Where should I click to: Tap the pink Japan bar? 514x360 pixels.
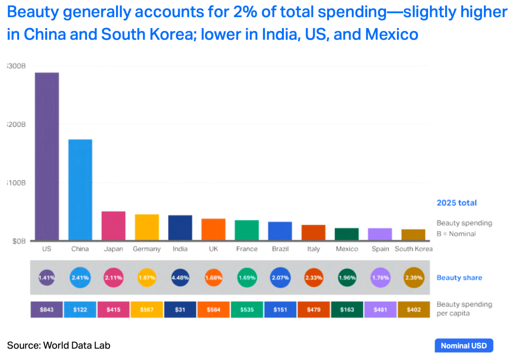[x=114, y=226]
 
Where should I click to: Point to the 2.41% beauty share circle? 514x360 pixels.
[x=80, y=277]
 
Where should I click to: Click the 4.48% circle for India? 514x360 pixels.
[x=180, y=277]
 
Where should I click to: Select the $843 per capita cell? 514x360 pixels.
[x=47, y=309]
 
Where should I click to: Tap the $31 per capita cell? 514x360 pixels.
[x=180, y=309]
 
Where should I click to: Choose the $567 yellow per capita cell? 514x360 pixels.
[x=147, y=309]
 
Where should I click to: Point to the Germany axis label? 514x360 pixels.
[x=147, y=249]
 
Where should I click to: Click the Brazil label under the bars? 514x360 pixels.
[x=280, y=249]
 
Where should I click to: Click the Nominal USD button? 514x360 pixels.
[x=463, y=345]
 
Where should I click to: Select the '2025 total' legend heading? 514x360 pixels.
[x=456, y=203]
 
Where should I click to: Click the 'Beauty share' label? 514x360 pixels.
[x=459, y=278]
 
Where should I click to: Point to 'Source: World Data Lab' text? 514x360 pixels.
[x=58, y=345]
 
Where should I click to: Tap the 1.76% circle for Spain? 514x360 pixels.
[x=380, y=277]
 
